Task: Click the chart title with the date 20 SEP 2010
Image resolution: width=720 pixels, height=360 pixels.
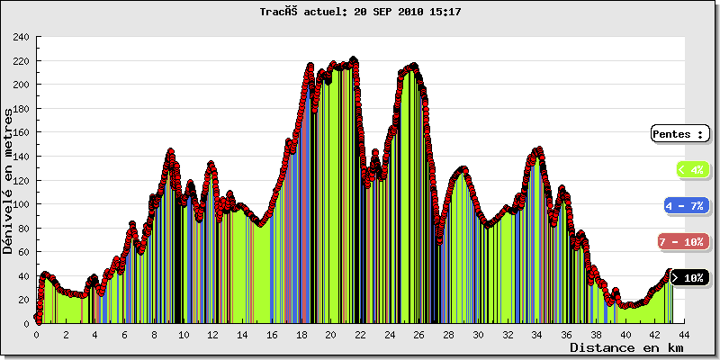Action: pyautogui.click(x=360, y=13)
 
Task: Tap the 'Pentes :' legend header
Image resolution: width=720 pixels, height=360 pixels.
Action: pyautogui.click(x=679, y=134)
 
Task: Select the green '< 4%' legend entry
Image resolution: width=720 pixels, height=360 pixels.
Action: pyautogui.click(x=691, y=168)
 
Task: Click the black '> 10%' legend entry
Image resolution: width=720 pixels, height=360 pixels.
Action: pyautogui.click(x=689, y=278)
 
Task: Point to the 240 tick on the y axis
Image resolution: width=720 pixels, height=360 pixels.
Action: pyautogui.click(x=21, y=38)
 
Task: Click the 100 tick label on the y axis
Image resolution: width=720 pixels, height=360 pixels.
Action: pyautogui.click(x=21, y=204)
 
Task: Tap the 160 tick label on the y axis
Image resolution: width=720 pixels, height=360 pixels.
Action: pyautogui.click(x=21, y=133)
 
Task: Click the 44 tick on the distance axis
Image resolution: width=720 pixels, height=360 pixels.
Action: pyautogui.click(x=684, y=335)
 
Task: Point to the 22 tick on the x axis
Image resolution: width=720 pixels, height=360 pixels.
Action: pyautogui.click(x=360, y=335)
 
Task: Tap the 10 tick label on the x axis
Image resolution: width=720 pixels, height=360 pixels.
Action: pyautogui.click(x=184, y=335)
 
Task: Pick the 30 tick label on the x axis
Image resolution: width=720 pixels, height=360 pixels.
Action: pyautogui.click(x=478, y=335)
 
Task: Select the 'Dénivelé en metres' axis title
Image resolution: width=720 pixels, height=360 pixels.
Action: pyautogui.click(x=9, y=180)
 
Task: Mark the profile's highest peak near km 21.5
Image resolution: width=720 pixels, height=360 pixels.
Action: pyautogui.click(x=353, y=60)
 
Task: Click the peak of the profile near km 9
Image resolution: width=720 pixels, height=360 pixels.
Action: pyautogui.click(x=170, y=152)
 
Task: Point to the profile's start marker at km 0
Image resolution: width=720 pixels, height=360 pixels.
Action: pyautogui.click(x=37, y=318)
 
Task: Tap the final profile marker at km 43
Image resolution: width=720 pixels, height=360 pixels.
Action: pyautogui.click(x=670, y=272)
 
